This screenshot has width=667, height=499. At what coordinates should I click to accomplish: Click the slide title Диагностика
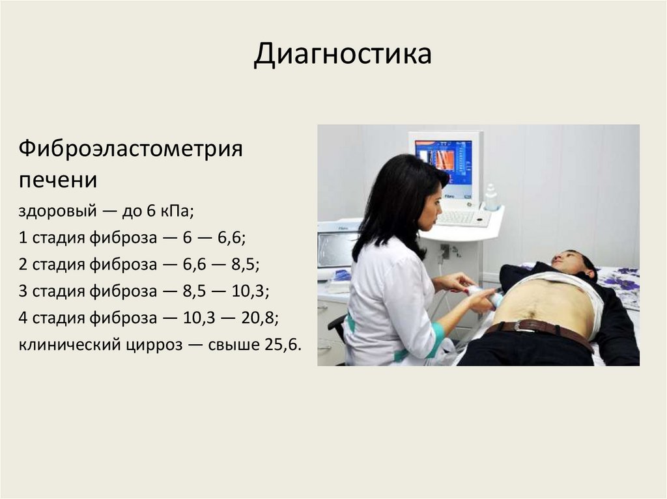tap(343, 55)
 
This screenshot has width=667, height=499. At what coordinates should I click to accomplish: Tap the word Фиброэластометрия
tap(131, 149)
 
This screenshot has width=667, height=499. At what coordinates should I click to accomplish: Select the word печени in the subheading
tap(58, 178)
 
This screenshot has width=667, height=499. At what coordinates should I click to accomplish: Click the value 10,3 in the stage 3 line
tap(251, 291)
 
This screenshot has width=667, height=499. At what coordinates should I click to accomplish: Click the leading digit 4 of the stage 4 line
tap(23, 318)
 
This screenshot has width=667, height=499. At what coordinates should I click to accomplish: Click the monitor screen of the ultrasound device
tap(444, 161)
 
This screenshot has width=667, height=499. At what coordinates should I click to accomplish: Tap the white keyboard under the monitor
tap(462, 218)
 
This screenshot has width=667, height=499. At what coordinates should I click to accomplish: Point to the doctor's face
tap(430, 207)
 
